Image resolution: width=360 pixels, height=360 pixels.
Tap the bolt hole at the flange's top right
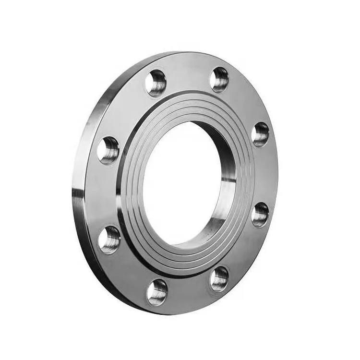(x=219, y=79)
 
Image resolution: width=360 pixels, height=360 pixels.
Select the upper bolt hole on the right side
(x=261, y=134)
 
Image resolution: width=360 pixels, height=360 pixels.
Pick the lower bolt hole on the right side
(x=260, y=214)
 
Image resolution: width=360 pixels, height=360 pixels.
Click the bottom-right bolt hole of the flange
(x=219, y=279)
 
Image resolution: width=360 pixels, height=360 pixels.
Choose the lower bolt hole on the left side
(x=110, y=239)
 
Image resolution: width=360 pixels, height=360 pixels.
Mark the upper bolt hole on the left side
(x=108, y=150)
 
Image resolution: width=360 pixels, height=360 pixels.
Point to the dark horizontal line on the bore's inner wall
(x=228, y=181)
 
